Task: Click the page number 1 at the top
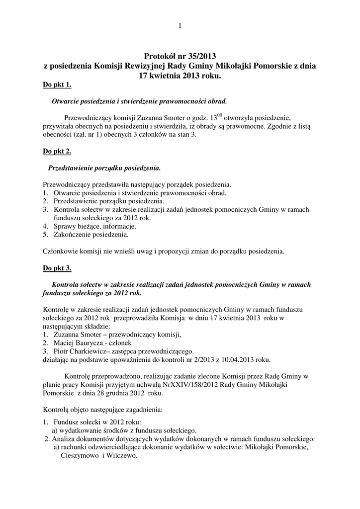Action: pyautogui.click(x=180, y=25)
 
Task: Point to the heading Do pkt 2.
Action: pyautogui.click(x=57, y=151)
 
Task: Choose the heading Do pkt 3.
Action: pyautogui.click(x=57, y=268)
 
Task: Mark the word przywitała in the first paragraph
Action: pyautogui.click(x=60, y=127)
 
